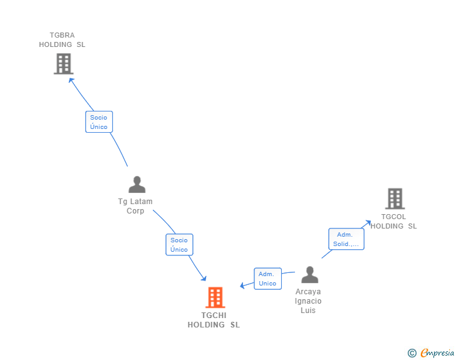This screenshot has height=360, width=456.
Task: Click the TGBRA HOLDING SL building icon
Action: point(63,64)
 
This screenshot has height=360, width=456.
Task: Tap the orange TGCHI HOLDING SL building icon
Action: point(215,297)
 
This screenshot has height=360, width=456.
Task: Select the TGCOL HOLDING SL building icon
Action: point(395,198)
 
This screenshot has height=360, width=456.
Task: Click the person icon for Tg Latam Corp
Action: point(137,185)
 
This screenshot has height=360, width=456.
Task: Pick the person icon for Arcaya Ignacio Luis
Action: point(309,275)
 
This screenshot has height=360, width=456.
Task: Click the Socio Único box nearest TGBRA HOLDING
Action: point(99,122)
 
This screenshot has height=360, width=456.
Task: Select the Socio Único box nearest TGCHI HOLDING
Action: point(179,245)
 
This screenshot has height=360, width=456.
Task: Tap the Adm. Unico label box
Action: point(267,279)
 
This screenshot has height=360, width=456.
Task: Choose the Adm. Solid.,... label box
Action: point(346,239)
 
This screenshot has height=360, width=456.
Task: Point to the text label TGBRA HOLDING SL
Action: point(62,40)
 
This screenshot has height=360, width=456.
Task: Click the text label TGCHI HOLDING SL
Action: point(214,320)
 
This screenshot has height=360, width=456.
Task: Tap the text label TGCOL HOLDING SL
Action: point(393,222)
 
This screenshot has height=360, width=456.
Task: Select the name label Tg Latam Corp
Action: point(135,206)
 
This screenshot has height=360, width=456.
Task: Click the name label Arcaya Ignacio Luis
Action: point(308,301)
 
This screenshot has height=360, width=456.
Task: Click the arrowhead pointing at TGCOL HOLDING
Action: point(368,222)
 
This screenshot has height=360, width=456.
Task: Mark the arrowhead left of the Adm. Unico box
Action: point(242,286)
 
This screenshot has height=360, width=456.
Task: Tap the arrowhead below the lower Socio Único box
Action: point(203,278)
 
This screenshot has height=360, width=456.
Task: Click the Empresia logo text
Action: point(437,353)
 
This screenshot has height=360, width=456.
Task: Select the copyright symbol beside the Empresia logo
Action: point(412,353)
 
